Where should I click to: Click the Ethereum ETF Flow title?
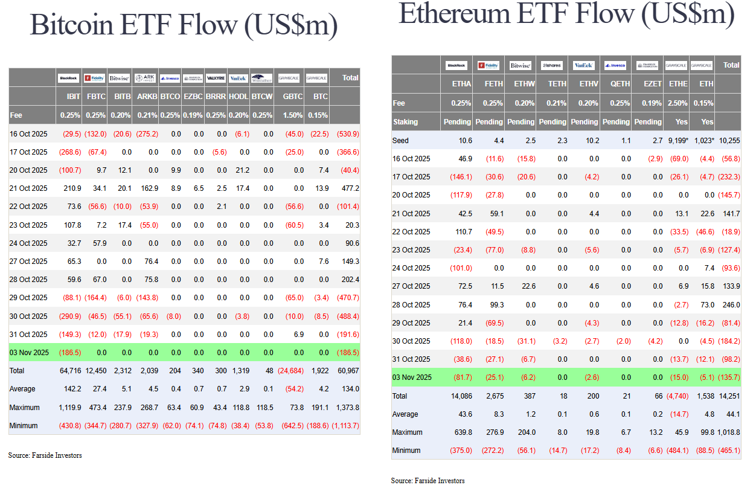[566, 14]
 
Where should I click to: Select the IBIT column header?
[73, 96]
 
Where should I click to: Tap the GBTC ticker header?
[293, 96]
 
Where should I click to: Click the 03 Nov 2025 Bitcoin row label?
[29, 352]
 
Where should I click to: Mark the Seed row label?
[401, 140]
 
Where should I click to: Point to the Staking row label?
[405, 121]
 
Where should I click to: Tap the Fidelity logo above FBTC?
[95, 77]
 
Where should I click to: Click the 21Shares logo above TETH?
[551, 65]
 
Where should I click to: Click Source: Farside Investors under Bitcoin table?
[45, 455]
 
